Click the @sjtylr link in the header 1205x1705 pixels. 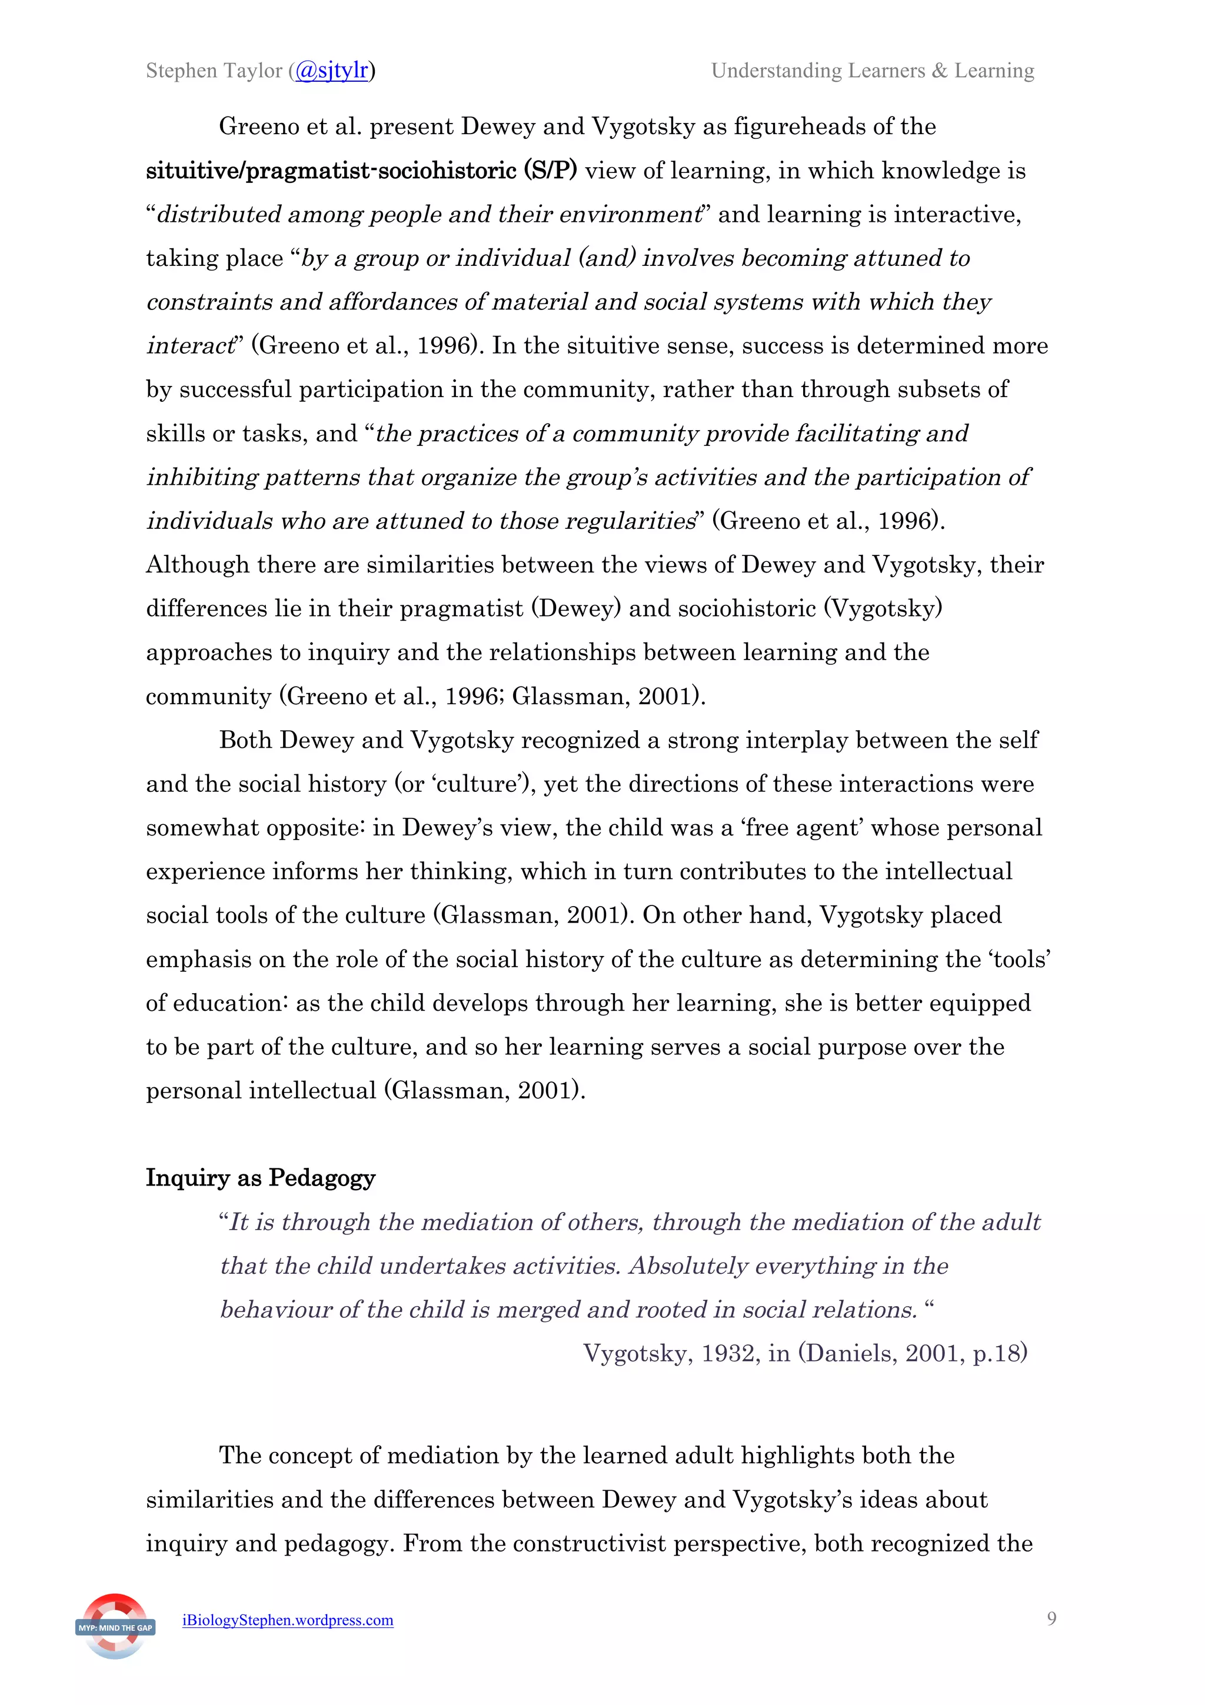coord(332,71)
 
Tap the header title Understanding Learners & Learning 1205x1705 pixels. coord(873,71)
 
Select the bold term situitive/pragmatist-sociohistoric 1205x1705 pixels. coord(331,171)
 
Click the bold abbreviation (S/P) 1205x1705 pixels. coord(550,171)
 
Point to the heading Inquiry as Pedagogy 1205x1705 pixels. coord(260,1178)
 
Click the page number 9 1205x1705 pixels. coord(1051,1619)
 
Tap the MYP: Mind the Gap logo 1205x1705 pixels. coord(115,1626)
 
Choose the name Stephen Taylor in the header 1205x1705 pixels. coord(214,71)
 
